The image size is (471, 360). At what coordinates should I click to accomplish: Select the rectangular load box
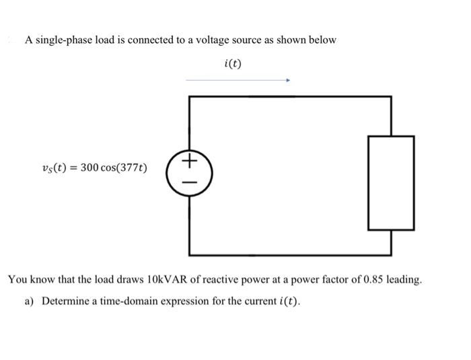pyautogui.click(x=390, y=182)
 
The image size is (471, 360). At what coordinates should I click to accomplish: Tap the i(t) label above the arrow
pyautogui.click(x=232, y=64)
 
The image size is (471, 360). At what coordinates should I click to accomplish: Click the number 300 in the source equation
pyautogui.click(x=90, y=168)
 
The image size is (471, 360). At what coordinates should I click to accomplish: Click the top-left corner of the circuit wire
pyautogui.click(x=190, y=97)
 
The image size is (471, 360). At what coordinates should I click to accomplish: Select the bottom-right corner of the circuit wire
pyautogui.click(x=390, y=255)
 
